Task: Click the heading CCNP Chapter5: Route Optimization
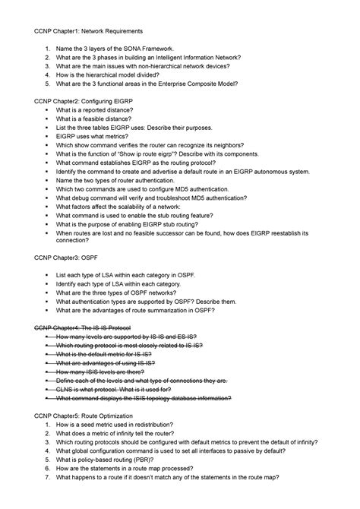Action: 88,416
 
